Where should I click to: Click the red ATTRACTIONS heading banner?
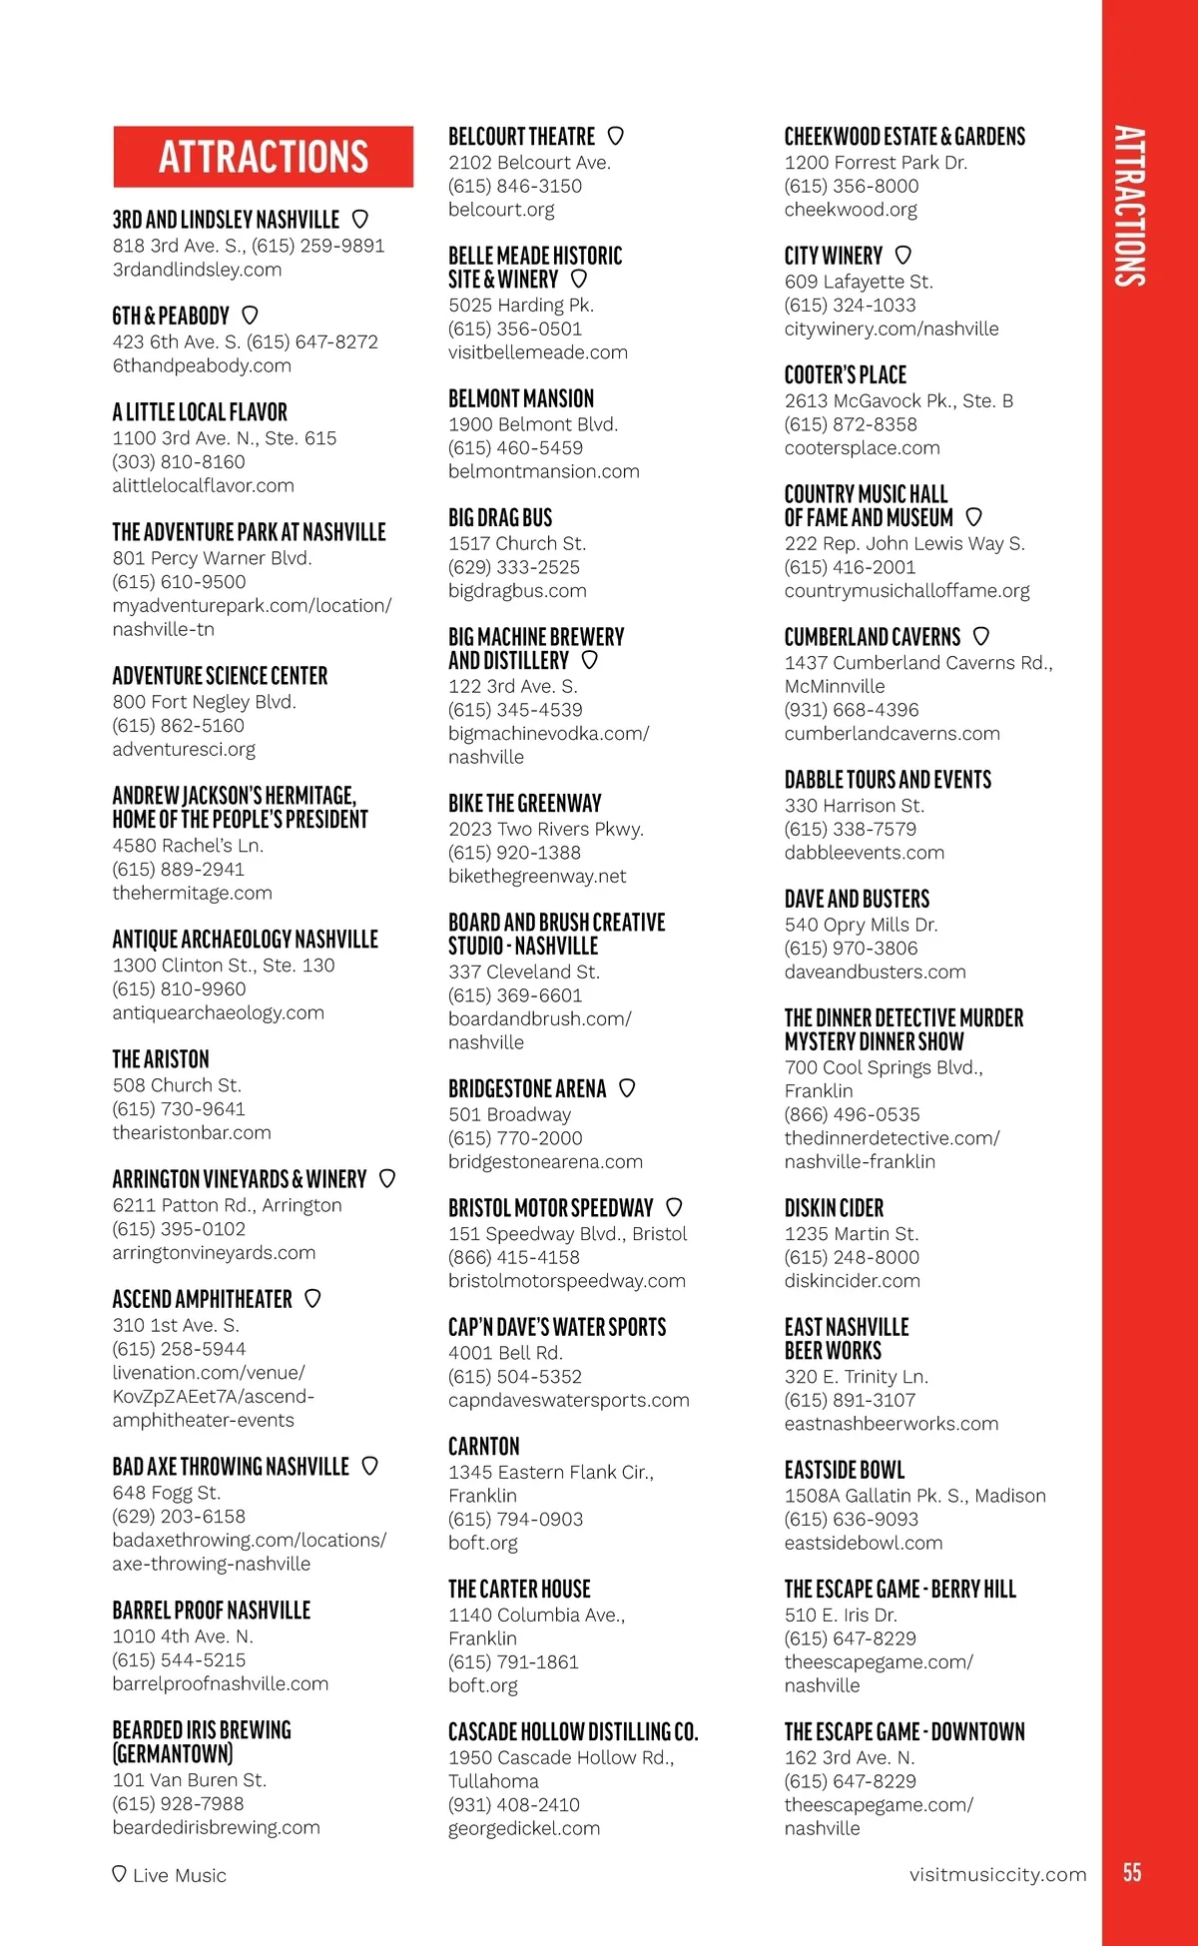263,157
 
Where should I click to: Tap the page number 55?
1131,1872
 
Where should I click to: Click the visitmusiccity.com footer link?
997,1874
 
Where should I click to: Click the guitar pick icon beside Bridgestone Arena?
627,1088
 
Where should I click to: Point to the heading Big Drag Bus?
500,517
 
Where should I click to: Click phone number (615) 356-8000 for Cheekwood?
852,186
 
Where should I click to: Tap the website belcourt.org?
501,210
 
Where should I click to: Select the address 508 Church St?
177,1085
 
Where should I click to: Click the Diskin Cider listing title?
834,1208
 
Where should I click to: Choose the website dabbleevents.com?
864,853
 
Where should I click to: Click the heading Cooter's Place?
845,375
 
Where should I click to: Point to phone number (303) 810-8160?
179,462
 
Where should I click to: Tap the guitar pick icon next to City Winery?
902,256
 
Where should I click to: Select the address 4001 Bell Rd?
505,1353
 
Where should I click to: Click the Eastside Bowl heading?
845,1470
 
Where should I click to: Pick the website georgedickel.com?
524,1828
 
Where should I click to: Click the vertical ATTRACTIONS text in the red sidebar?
1129,206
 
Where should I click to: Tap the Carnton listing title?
484,1447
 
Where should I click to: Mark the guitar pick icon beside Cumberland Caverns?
980,636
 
